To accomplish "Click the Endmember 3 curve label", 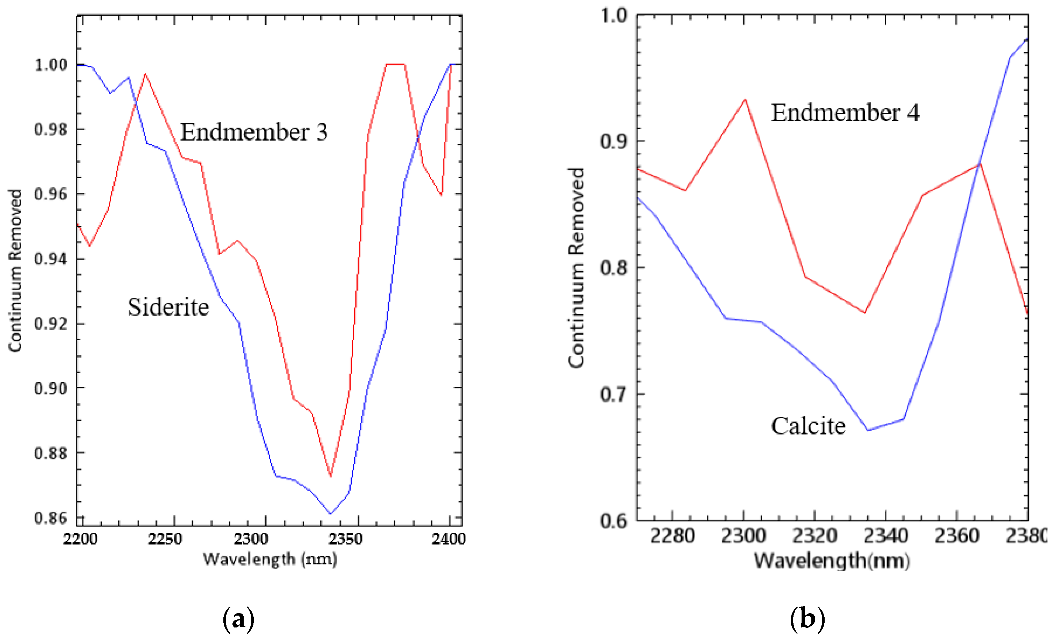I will (x=253, y=132).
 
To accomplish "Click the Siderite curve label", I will (x=168, y=308).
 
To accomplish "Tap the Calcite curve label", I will (x=808, y=426).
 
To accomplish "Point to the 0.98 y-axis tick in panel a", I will (x=51, y=129).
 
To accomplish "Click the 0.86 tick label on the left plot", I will (x=51, y=518).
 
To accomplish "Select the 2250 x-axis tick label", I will (x=165, y=539).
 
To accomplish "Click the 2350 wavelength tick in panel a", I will (x=345, y=539).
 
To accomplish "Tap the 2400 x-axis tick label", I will (x=448, y=539).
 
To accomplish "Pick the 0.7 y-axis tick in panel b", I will (x=613, y=394).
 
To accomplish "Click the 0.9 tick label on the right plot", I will (x=613, y=141).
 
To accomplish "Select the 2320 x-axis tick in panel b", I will (x=814, y=536).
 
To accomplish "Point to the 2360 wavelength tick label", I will (x=956, y=536).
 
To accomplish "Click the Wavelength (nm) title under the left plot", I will (x=270, y=559).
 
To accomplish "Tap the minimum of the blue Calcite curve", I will (x=868, y=430).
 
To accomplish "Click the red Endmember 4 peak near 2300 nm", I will (x=745, y=100).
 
